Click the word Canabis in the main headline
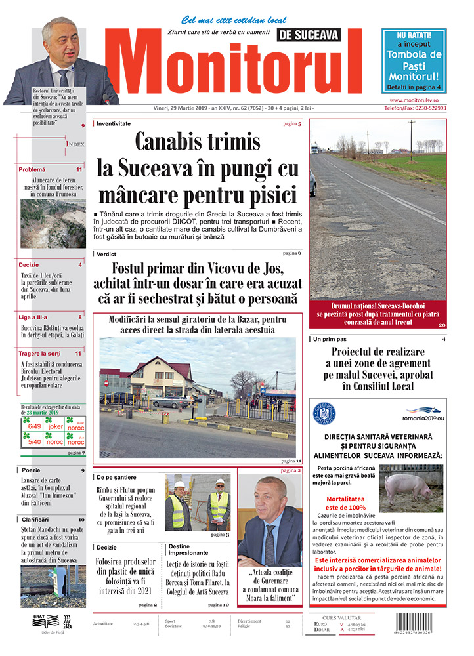tap(170, 142)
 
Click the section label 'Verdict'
tap(106, 253)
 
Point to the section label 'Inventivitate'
tap(113, 123)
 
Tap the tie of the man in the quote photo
tap(270, 542)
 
